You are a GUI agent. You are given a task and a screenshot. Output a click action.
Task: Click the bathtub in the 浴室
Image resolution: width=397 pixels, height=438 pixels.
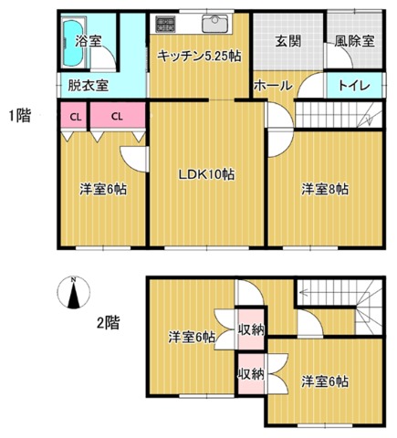[x=73, y=43]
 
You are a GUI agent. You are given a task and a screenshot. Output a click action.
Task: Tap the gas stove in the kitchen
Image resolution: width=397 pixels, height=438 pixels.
[x=165, y=25]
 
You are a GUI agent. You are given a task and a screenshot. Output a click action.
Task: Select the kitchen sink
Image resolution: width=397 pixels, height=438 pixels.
[x=214, y=24]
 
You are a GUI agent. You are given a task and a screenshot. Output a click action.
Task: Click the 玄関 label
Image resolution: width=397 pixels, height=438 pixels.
[x=288, y=41]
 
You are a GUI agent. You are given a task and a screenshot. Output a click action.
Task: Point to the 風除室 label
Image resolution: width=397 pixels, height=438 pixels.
[x=354, y=41]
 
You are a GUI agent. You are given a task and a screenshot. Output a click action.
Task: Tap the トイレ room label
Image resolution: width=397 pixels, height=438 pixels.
[x=354, y=86]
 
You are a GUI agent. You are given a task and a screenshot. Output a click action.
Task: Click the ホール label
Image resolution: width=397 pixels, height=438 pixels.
[x=273, y=86]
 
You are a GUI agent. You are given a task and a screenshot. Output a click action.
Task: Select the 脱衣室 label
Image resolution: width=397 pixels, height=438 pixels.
[x=88, y=86]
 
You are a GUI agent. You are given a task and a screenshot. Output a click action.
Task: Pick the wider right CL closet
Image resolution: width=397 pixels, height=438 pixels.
[x=118, y=116]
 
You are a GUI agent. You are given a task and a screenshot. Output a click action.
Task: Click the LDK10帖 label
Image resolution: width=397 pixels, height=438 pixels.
[x=206, y=174]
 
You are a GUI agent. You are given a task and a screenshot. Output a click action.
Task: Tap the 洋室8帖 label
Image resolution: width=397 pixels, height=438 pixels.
[x=325, y=189]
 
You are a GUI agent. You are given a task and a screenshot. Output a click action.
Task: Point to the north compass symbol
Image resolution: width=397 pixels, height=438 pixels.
[x=73, y=293]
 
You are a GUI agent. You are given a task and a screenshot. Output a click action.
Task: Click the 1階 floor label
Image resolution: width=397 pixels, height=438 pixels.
[x=19, y=116]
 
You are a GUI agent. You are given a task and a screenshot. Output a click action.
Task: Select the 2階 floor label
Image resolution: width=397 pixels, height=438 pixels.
[x=108, y=323]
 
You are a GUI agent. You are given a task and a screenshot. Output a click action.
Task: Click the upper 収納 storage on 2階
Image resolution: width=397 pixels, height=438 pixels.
[x=251, y=329]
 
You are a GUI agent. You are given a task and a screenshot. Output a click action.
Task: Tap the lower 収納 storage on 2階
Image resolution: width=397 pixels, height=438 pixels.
[x=251, y=374]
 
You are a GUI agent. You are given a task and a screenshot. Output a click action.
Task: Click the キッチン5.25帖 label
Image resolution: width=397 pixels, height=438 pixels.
[x=199, y=57]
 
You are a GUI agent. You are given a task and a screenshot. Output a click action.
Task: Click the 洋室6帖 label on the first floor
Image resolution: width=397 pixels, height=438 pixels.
[x=103, y=189]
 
